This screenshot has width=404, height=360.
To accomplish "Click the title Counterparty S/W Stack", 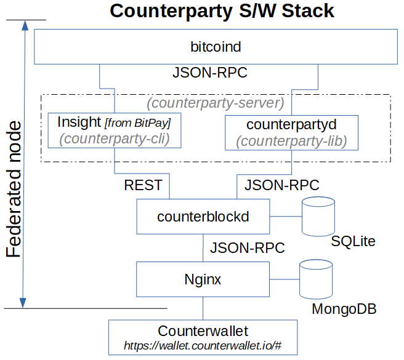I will click(222, 11).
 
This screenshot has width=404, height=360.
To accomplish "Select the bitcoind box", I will click(215, 47).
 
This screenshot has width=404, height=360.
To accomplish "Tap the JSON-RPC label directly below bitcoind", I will click(209, 73).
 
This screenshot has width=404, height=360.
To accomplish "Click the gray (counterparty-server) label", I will click(215, 102).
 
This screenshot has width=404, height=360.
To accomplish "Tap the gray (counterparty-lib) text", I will click(291, 141).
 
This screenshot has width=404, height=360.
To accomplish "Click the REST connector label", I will click(143, 185).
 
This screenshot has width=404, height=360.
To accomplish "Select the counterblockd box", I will click(203, 216).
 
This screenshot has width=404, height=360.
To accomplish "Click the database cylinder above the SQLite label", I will click(318, 216).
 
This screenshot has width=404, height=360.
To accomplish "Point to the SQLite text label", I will click(353, 241).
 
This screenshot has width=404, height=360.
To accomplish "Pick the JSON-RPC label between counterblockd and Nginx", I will click(247, 248).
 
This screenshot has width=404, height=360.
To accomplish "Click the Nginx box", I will click(203, 279).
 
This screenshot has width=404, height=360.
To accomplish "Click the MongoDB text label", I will click(344, 309).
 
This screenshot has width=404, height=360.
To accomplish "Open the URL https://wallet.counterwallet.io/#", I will click(203, 346).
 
